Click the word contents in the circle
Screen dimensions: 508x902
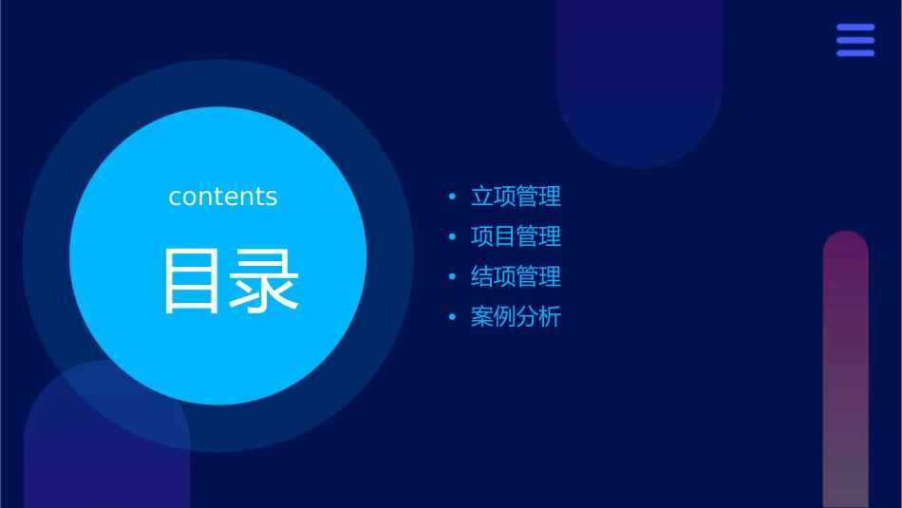coord(223,197)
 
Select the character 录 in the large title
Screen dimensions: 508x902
coord(264,281)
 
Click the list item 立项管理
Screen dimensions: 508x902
coord(516,197)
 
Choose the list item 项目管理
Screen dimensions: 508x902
coord(516,236)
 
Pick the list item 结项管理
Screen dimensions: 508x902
coord(516,277)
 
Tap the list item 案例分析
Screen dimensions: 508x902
coord(516,317)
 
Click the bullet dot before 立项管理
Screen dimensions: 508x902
coord(452,198)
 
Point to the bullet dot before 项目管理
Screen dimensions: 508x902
coord(452,237)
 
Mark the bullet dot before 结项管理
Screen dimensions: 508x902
coord(452,277)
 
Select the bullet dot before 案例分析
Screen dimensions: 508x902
coord(452,317)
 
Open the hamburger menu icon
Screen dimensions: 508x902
coord(855,40)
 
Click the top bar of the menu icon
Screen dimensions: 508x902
coord(855,28)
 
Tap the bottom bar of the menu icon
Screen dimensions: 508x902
coord(855,53)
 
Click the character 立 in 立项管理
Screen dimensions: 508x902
coord(482,197)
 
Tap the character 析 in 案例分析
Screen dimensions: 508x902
coord(551,317)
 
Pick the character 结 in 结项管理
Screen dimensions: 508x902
coord(482,277)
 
